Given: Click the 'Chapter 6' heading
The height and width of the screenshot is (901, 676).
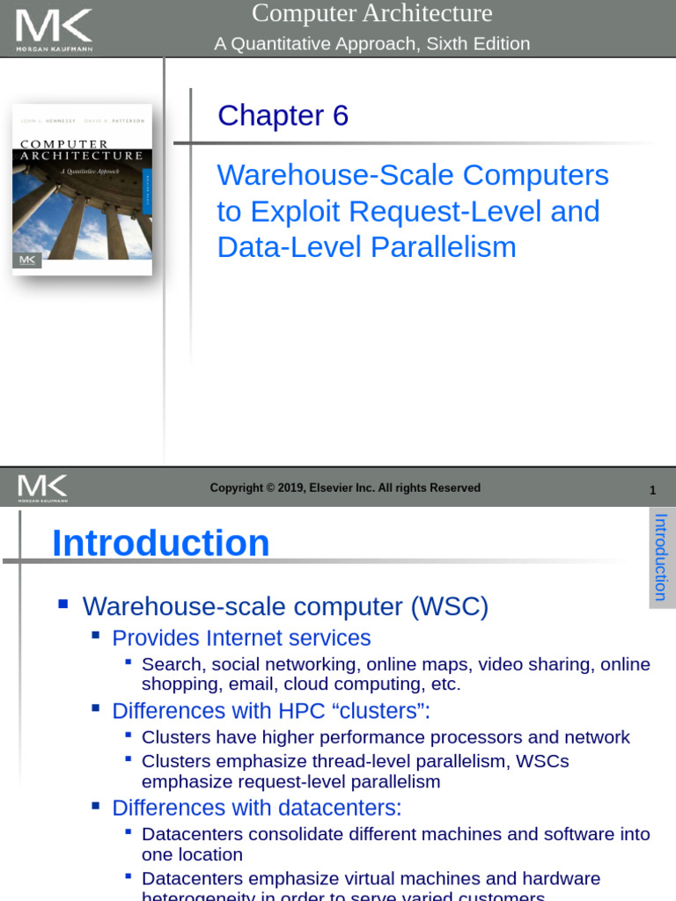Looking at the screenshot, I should point(283,115).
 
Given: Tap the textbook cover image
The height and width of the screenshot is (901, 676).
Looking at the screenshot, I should point(82,189).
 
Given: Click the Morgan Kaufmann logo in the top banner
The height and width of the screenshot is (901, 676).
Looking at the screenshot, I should point(54,29).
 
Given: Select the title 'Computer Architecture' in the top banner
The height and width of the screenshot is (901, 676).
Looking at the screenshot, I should point(371,14).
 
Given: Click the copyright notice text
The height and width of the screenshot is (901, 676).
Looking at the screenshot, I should point(345,488).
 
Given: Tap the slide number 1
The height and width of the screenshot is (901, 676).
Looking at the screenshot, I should point(652,490).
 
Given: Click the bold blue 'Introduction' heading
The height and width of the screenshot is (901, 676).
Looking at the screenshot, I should point(161,543).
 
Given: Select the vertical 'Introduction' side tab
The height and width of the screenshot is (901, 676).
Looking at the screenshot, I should point(661,557).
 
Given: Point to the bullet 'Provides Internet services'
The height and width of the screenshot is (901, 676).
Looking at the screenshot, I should point(241,638).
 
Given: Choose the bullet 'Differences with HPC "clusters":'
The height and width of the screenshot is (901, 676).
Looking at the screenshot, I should point(271,711).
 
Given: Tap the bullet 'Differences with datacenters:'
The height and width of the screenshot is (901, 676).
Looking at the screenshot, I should point(256,808).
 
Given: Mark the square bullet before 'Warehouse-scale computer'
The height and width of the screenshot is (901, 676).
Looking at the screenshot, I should point(62,604).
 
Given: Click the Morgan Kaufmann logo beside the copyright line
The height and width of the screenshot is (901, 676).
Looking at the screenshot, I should point(42,487).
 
